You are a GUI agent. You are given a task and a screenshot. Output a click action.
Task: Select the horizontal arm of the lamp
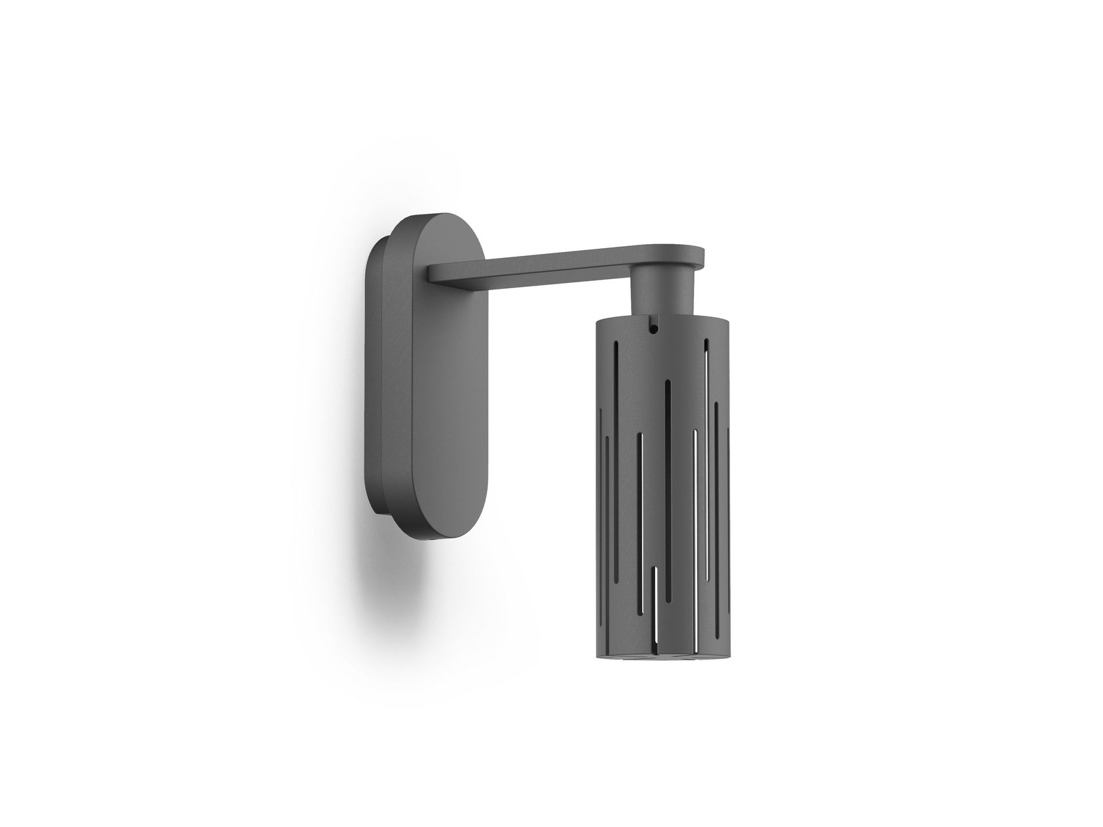(x=538, y=263)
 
